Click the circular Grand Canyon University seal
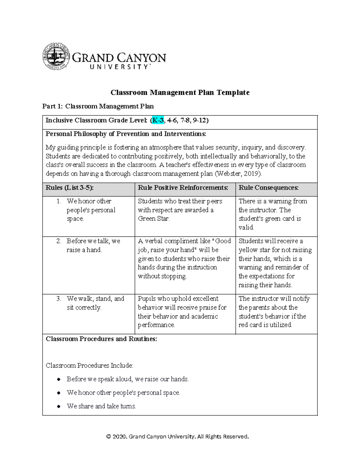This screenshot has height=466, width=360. pos(56,56)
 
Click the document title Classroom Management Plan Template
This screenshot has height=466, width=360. pos(180,92)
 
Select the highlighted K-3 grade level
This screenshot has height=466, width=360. pos(158,120)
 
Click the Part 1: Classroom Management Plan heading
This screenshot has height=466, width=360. pos(98,106)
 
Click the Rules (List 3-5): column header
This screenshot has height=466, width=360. pos(70,188)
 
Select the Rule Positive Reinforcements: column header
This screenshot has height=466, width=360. pos(183,188)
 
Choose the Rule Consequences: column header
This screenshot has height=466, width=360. pos(268,188)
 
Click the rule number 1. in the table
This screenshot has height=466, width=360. pos(59,201)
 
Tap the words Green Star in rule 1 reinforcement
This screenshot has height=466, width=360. pos(153,219)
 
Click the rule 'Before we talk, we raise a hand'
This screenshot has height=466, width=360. pos(93,245)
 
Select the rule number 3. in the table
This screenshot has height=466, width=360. pos(59,299)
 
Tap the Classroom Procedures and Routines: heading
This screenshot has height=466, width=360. pos(101,339)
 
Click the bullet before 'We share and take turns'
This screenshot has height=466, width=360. pos(59,407)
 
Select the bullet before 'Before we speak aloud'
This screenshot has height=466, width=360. pos(59,380)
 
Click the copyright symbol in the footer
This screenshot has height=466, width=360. pos(109,437)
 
